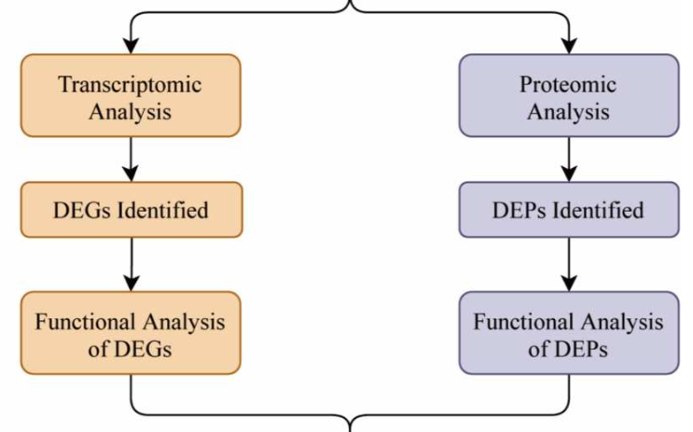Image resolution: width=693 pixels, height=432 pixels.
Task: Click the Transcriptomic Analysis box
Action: [x=130, y=95]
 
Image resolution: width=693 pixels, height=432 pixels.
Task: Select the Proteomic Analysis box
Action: [x=568, y=95]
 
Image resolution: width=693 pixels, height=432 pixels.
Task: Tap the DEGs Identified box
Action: [x=130, y=209]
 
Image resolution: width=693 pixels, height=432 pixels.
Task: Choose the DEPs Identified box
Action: [x=568, y=209]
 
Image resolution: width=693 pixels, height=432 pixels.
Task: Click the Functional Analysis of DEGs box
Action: [x=130, y=333]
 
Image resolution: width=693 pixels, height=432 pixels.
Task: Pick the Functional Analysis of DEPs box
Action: [x=568, y=333]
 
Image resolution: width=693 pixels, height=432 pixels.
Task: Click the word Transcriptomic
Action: [x=130, y=84]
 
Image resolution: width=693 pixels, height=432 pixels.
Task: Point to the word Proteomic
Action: [x=568, y=84]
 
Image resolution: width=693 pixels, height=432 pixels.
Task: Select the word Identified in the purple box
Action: [x=602, y=210]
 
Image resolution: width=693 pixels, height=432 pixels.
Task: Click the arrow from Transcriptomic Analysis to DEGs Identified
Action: [x=131, y=159]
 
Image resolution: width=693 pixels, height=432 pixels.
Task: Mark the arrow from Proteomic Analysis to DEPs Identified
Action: [x=568, y=159]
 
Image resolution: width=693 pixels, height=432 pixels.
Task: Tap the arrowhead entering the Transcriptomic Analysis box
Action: [x=131, y=46]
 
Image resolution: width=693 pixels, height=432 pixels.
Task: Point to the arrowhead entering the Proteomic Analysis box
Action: [x=568, y=46]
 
